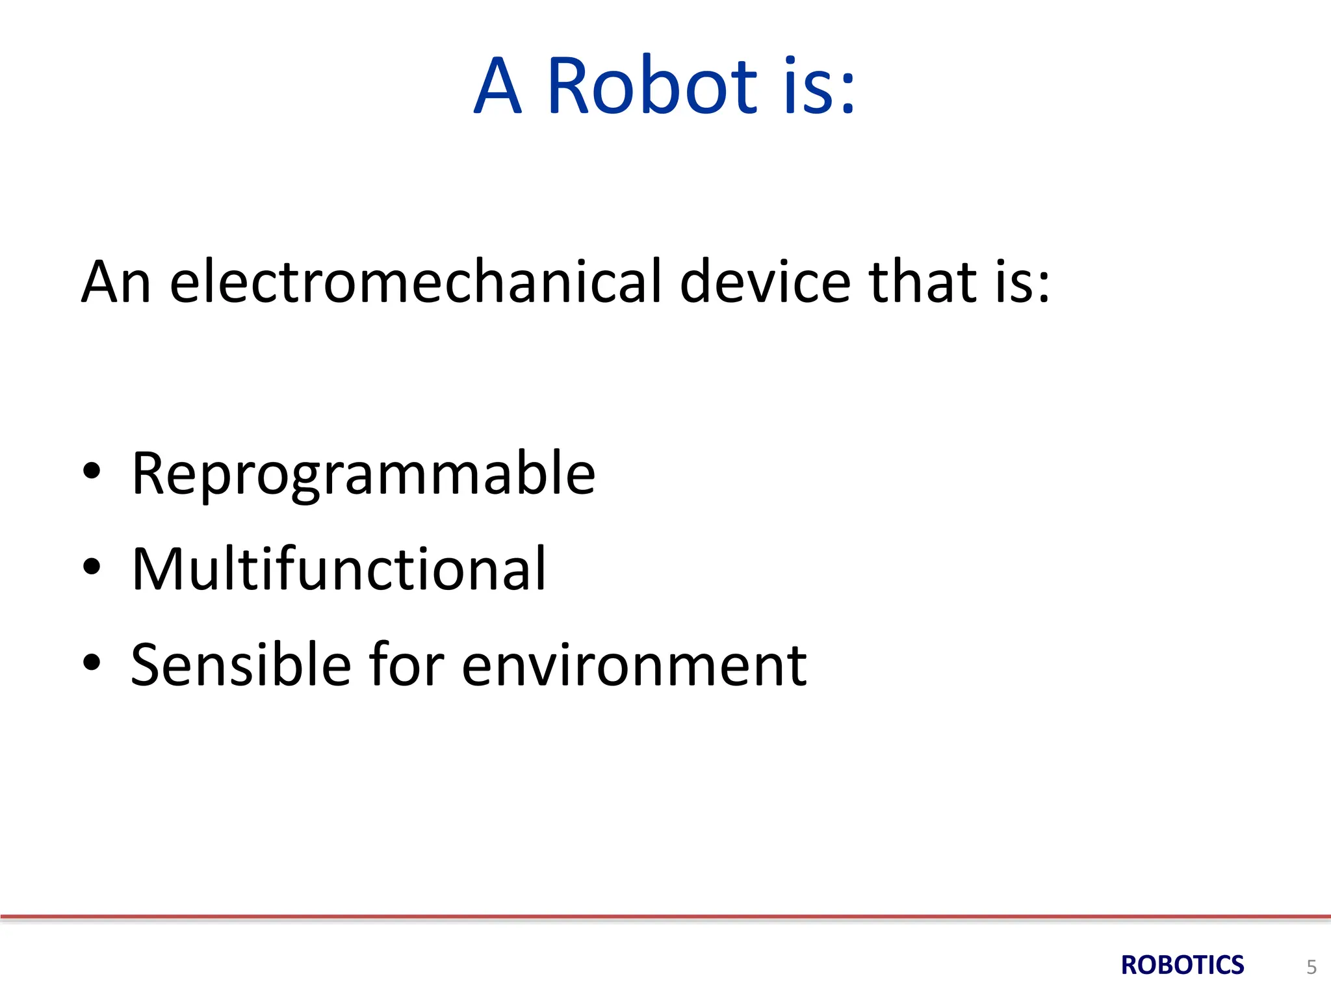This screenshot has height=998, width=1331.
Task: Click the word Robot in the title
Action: [x=652, y=86]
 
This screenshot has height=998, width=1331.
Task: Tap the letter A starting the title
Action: [x=498, y=87]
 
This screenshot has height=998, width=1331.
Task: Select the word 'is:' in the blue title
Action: [x=819, y=87]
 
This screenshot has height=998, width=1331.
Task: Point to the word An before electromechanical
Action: [x=116, y=283]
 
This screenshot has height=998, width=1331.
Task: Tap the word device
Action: [x=765, y=281]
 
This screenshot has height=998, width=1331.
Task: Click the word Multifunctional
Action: [x=339, y=569]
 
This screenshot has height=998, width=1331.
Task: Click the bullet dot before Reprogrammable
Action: [x=92, y=471]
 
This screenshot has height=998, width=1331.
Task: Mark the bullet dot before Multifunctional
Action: [x=92, y=567]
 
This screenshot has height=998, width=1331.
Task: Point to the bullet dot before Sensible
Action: [x=92, y=662]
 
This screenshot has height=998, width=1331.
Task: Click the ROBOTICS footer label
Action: [x=1182, y=966]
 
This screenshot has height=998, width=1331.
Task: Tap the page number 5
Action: [x=1312, y=967]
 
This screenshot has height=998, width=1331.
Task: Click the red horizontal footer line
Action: [x=665, y=917]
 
